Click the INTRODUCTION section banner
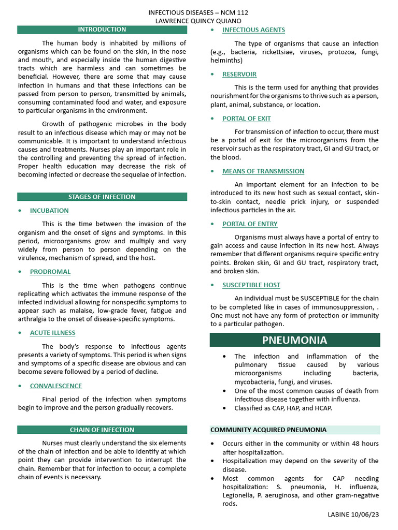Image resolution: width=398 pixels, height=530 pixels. [x=102, y=30]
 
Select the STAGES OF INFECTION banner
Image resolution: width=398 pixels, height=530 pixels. [x=102, y=197]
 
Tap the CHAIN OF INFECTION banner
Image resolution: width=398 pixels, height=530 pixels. [x=102, y=430]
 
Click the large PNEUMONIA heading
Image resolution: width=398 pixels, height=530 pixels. [x=294, y=340]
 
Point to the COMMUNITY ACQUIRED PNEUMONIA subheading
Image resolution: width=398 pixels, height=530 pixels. [x=268, y=430]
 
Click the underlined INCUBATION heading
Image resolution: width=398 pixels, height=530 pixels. [x=49, y=211]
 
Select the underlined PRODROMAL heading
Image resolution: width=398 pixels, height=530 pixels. [x=50, y=272]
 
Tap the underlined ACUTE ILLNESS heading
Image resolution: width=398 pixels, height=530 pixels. [x=52, y=333]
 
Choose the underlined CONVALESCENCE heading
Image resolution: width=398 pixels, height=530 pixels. [x=56, y=386]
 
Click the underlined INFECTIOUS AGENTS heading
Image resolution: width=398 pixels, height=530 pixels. [x=253, y=30]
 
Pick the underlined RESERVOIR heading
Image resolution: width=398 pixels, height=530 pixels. [x=239, y=74]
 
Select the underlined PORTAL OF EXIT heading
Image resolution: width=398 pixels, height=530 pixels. [x=247, y=119]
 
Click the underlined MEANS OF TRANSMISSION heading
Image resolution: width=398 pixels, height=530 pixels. [x=263, y=171]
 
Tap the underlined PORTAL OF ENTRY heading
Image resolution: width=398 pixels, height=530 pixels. [x=250, y=224]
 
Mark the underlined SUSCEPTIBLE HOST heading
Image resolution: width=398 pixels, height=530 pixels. [x=251, y=285]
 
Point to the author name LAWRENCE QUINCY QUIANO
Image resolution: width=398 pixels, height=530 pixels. [x=198, y=21]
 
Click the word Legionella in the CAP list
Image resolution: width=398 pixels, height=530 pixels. [x=240, y=495]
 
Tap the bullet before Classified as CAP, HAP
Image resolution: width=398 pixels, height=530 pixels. [x=224, y=408]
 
